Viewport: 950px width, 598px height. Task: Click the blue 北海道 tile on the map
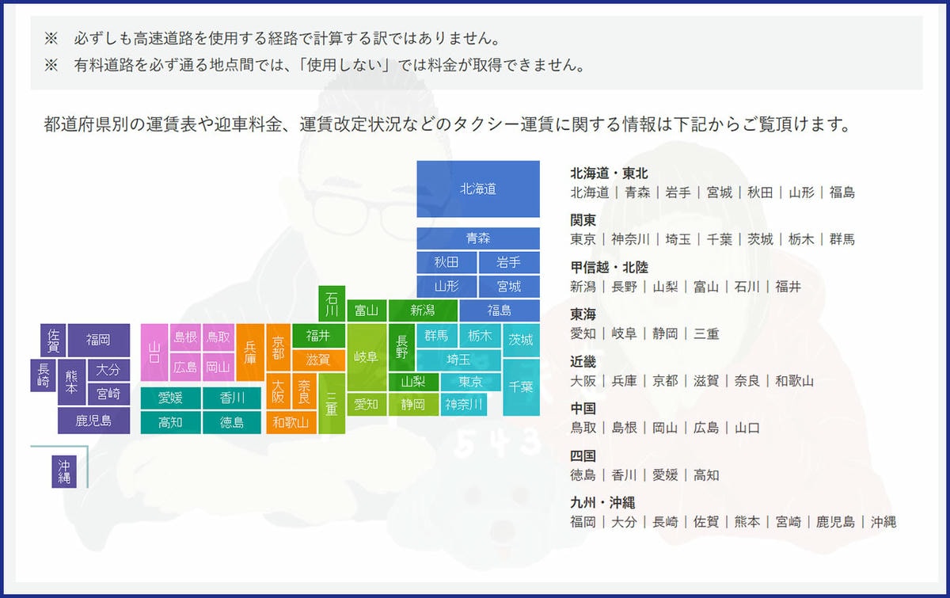[478, 189]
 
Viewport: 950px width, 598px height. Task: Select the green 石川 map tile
[332, 303]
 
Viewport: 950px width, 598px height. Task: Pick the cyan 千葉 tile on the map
[521, 387]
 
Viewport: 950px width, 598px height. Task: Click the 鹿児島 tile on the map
[93, 421]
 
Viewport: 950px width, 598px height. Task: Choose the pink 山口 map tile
[154, 352]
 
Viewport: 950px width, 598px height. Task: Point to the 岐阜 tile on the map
[366, 357]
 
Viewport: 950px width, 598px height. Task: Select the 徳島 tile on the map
[232, 422]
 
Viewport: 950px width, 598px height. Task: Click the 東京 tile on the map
[470, 382]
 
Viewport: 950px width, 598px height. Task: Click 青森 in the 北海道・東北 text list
[637, 192]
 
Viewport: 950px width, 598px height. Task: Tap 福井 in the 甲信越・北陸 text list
[788, 287]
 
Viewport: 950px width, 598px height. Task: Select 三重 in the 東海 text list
[706, 333]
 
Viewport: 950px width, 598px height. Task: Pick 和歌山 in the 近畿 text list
[795, 381]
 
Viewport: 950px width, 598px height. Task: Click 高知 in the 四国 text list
[706, 475]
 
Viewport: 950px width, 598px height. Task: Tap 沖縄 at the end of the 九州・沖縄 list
[883, 522]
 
